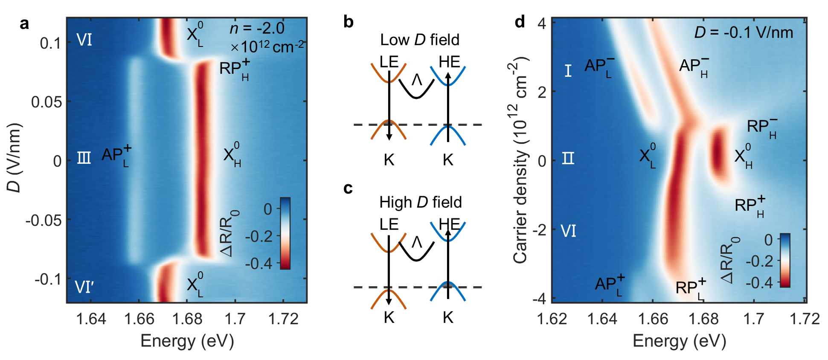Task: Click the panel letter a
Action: (x=24, y=23)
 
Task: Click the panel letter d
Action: (x=520, y=22)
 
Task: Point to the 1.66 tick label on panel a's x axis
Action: (x=139, y=319)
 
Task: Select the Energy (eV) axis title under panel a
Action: (x=187, y=341)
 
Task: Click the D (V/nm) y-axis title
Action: (x=14, y=158)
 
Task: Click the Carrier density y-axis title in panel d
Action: (x=520, y=160)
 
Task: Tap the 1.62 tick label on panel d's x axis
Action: (x=552, y=319)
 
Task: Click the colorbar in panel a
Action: (x=285, y=233)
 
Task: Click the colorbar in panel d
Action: (x=785, y=260)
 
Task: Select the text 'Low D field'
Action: (x=419, y=40)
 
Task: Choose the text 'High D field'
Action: (x=420, y=202)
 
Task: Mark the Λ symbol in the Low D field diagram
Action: (x=417, y=79)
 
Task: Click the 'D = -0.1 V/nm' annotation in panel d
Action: (x=744, y=32)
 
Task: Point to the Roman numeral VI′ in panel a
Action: (x=84, y=287)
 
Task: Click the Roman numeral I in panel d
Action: (x=568, y=70)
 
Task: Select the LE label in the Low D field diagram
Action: (x=389, y=62)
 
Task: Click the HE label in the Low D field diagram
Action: (x=449, y=62)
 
